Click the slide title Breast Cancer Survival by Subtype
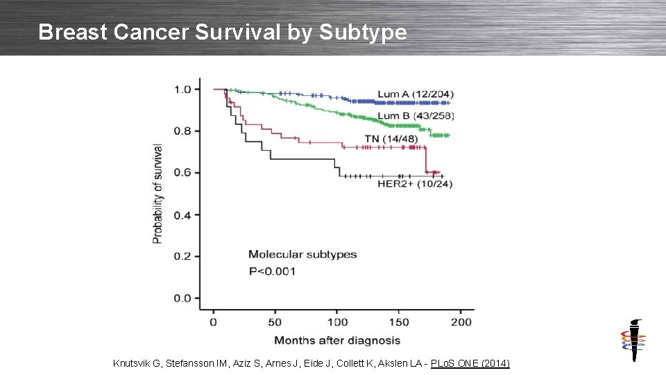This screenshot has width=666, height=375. pos(223,32)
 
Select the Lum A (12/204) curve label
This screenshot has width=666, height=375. pos(416,94)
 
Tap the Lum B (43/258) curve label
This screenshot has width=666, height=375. pos(416,115)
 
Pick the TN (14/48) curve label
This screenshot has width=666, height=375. pos(391,139)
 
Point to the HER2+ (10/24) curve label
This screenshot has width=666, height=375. pos(415,184)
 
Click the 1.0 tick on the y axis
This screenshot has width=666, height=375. pos(182,89)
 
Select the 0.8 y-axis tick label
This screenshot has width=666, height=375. pos(182,131)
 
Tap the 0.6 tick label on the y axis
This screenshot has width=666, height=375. pos(182,173)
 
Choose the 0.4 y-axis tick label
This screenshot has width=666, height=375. pos(182,215)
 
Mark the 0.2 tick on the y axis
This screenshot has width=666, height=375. pos(182,256)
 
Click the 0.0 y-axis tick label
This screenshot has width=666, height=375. pos(182,299)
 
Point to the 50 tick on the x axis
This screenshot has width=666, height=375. pos(274,322)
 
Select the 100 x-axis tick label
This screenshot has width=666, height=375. pos(336,322)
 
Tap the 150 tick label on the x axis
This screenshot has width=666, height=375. pos(398,322)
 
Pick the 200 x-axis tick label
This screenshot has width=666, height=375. pos(461,322)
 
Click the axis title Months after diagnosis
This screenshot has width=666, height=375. pos(337,340)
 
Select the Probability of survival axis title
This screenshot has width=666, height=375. pos(157,194)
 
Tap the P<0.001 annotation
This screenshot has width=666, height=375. pos(272,271)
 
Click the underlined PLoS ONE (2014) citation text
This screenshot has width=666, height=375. pos(470,363)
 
